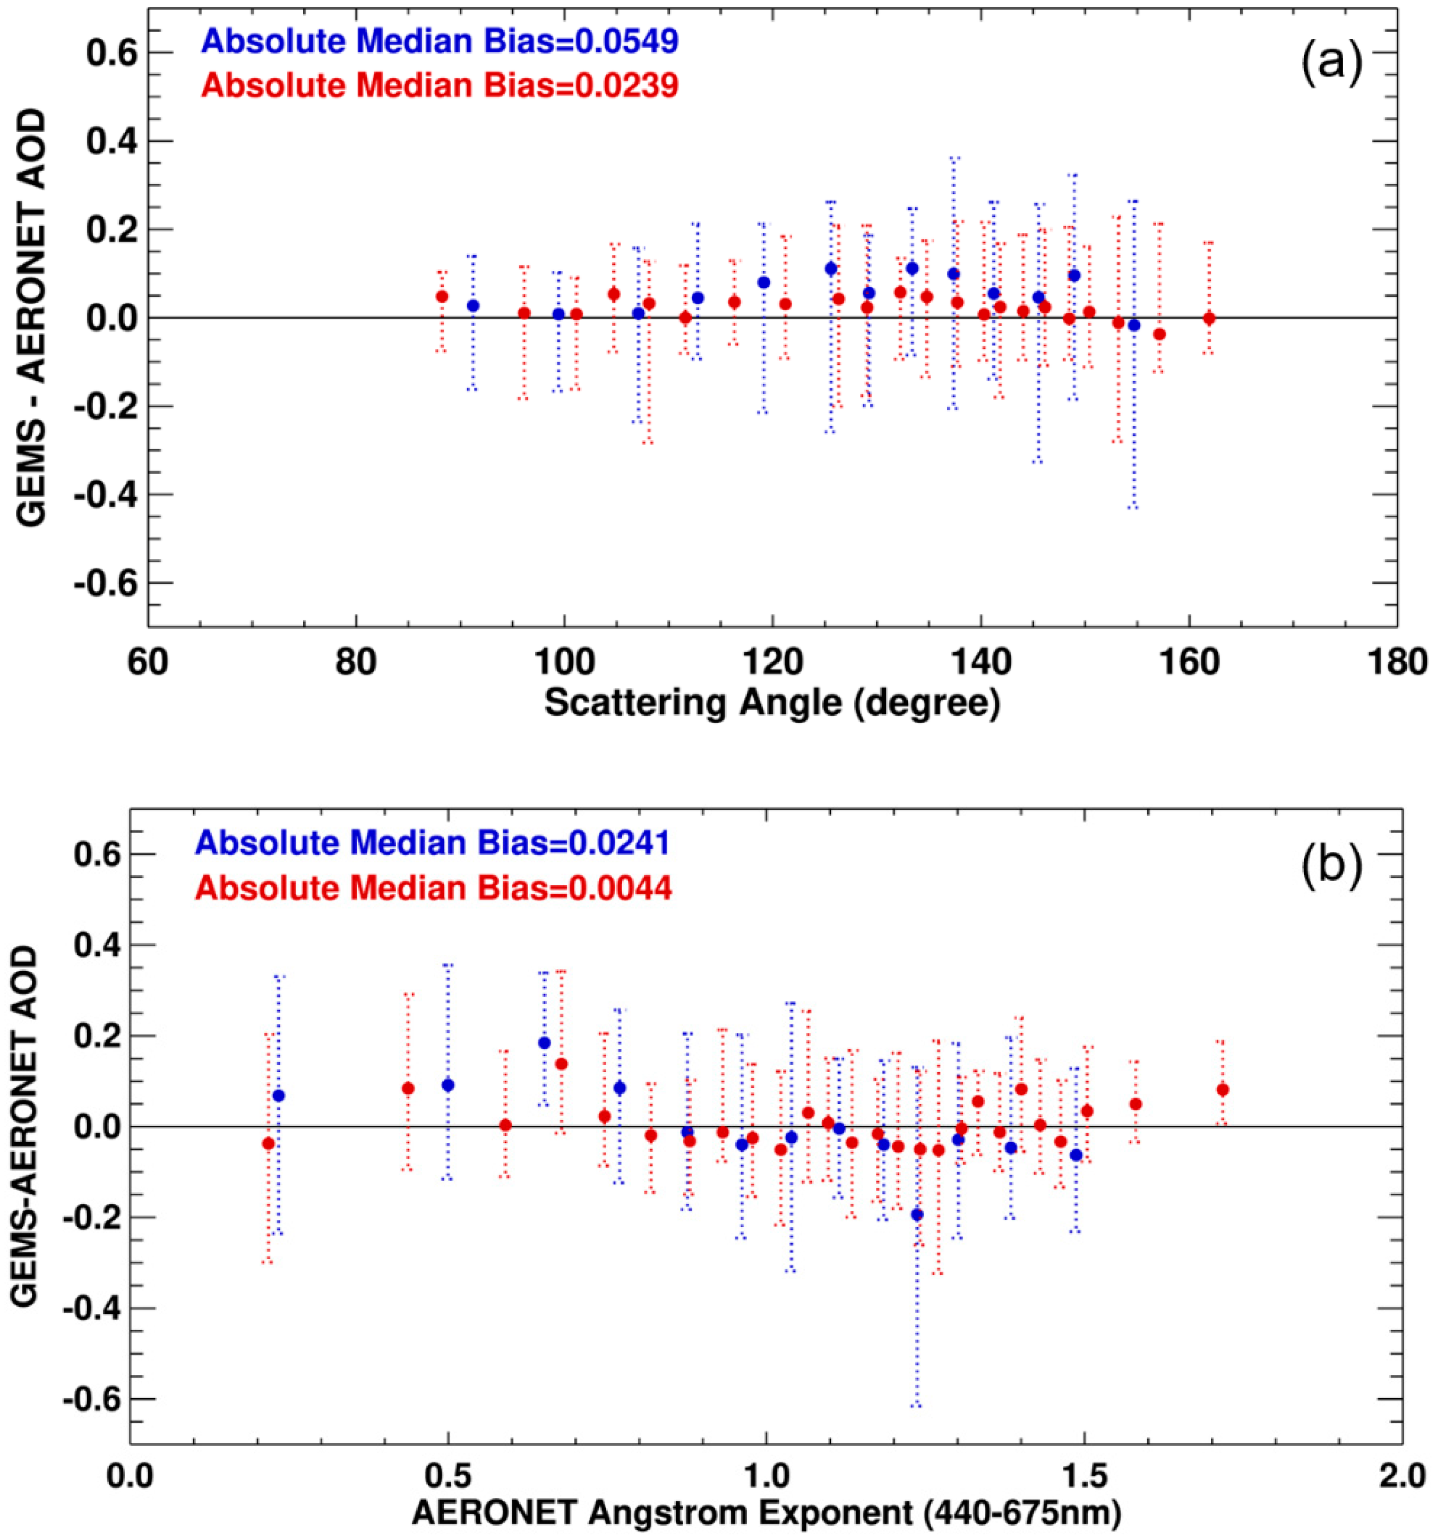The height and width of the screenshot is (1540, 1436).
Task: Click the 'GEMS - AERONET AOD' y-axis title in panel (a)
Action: (32, 318)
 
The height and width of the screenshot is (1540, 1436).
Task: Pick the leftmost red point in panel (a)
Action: (442, 297)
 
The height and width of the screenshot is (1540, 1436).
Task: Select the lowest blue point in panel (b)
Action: (917, 1214)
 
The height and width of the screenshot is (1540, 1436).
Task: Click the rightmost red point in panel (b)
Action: (1222, 1090)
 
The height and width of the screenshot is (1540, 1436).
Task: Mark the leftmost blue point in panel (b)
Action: (279, 1096)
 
